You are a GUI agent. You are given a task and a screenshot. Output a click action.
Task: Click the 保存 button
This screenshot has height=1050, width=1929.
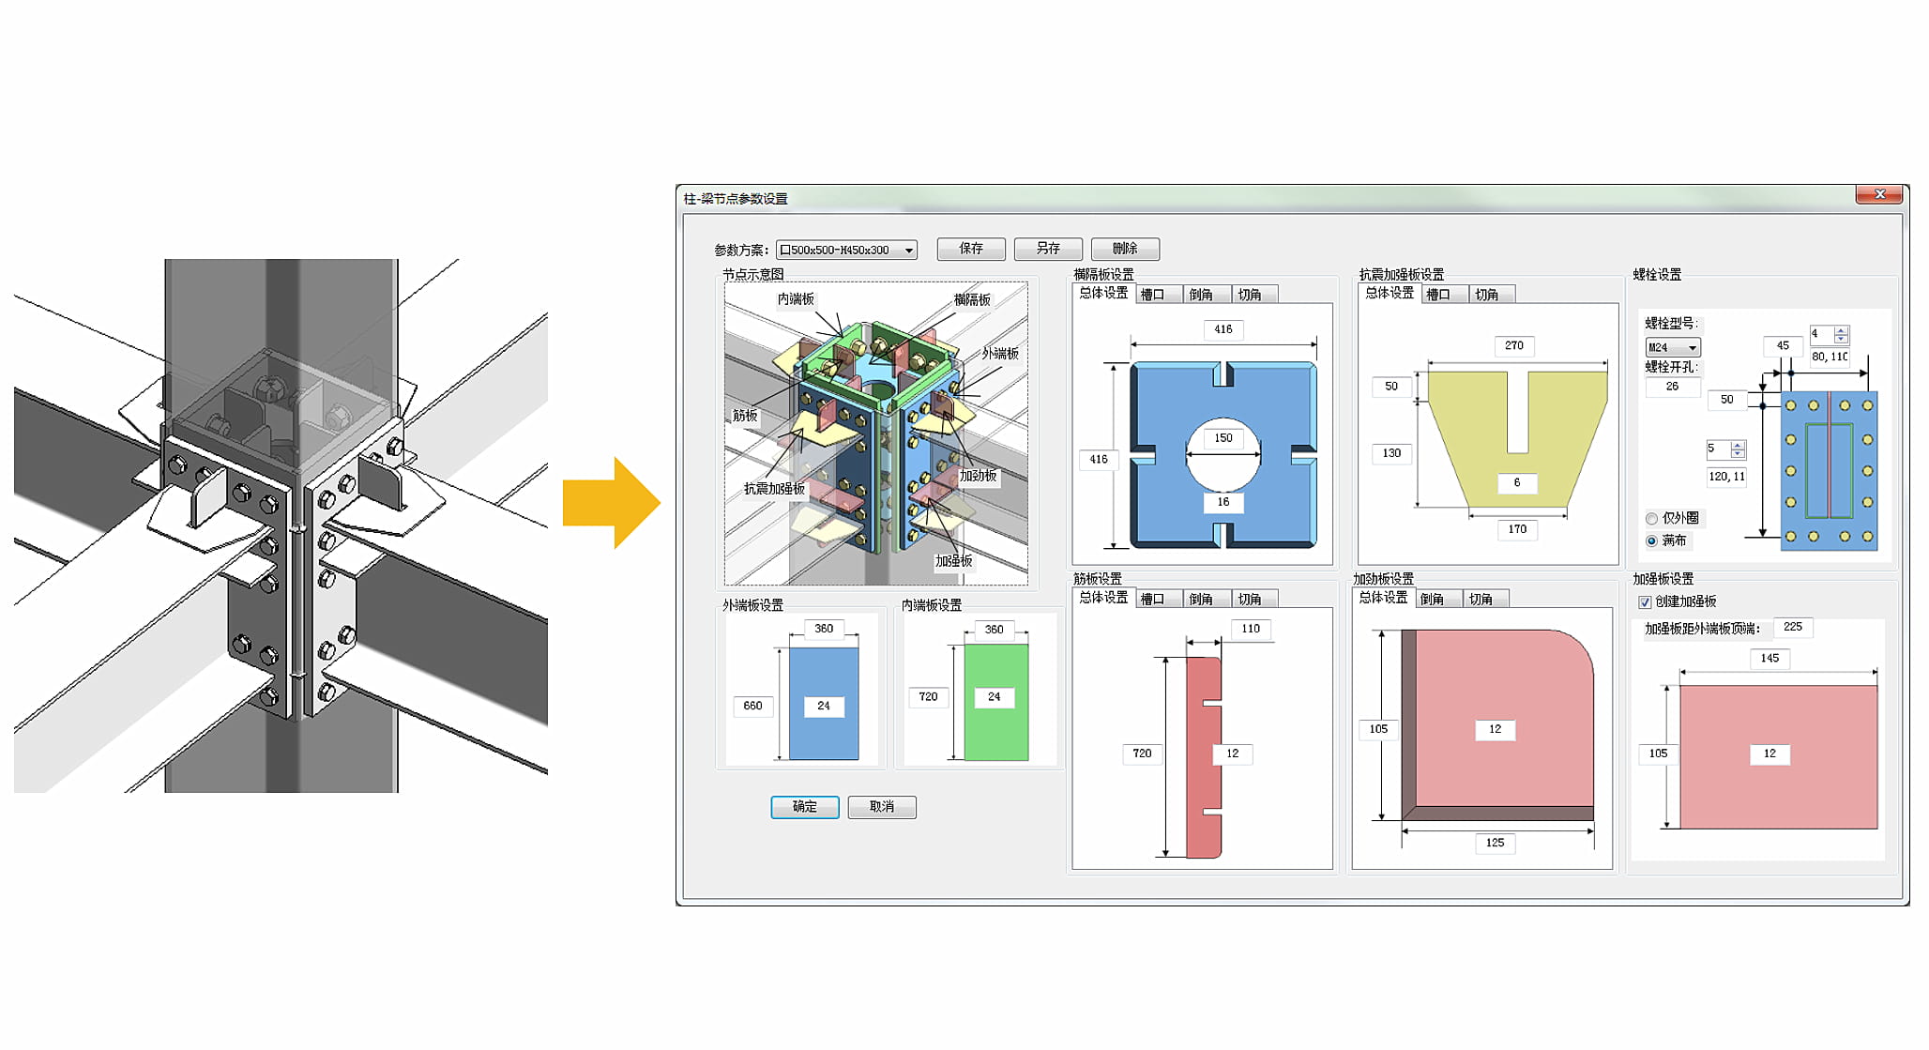(971, 249)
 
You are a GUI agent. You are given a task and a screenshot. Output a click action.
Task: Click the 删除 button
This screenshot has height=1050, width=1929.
(1124, 249)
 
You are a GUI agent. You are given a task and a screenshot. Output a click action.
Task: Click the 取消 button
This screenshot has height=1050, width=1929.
(881, 807)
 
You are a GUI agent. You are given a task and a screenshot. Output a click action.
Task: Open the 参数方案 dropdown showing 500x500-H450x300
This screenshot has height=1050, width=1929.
(846, 251)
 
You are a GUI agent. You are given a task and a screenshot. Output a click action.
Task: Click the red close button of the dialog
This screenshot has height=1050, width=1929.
(1879, 194)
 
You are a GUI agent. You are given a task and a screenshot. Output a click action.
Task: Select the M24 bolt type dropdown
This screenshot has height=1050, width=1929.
(1673, 347)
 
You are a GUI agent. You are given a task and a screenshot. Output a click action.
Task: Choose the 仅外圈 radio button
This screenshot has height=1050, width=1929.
(1651, 519)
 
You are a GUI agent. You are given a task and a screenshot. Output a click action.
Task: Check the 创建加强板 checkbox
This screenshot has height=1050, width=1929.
(1645, 602)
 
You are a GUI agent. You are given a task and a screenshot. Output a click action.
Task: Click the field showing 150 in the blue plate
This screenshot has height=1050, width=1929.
(1223, 438)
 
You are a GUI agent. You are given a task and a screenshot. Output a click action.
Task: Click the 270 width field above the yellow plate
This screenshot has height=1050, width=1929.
(1513, 346)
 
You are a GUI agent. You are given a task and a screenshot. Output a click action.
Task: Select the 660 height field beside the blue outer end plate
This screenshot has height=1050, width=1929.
(752, 706)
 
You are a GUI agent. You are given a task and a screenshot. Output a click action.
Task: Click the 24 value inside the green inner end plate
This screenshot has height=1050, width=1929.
(994, 697)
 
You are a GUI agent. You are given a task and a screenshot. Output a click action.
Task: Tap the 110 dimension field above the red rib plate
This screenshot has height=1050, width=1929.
(1250, 629)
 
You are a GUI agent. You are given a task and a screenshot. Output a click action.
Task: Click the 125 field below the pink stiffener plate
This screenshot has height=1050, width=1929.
(1495, 843)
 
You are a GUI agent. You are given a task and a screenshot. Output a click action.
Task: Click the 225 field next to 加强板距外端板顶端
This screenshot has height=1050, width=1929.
(1792, 627)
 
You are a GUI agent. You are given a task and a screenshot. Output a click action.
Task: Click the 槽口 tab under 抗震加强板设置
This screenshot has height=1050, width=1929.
(1439, 295)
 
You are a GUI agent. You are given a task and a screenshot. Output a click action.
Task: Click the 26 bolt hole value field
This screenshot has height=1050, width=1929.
(1672, 387)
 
